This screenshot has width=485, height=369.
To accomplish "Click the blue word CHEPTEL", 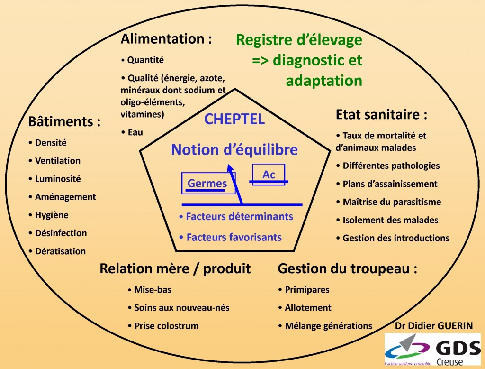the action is coord(234,119).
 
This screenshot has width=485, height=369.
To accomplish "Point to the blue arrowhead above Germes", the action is coord(230,168).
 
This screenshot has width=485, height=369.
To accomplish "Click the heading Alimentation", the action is coord(166,39).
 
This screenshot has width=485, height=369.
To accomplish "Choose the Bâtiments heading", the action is coord(64,121).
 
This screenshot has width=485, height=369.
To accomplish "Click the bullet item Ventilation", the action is coord(57,161).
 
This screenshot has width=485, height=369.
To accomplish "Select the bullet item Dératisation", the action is coord(60,251).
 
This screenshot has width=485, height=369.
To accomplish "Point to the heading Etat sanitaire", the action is coord(381,115).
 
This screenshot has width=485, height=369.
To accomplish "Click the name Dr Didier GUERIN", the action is coord(434,326).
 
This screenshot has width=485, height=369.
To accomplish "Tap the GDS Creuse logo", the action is coord(433,350).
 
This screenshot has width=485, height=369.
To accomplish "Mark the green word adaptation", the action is coord(324,81).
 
